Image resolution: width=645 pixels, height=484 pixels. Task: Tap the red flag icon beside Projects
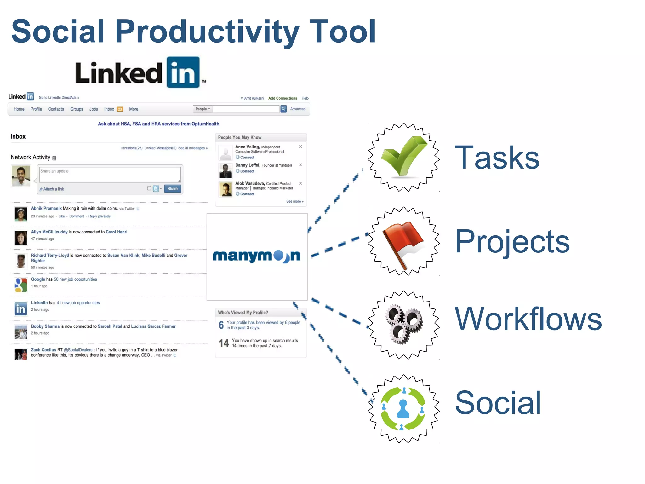pos(403,241)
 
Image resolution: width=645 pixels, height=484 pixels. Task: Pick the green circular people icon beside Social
pos(403,409)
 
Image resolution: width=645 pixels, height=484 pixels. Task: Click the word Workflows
pos(528,319)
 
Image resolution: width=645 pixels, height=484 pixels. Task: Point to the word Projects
pos(512,242)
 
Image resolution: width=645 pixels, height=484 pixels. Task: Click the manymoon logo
pos(256,256)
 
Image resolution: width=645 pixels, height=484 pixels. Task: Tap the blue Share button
pos(172,189)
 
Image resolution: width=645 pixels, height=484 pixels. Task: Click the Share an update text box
pos(110,174)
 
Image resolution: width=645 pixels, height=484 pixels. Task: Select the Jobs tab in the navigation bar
pos(94,109)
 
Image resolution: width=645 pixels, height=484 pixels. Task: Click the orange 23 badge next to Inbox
pos(120,109)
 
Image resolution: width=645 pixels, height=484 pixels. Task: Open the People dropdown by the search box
pos(203,109)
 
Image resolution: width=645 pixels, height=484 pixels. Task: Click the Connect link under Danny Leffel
pos(247,171)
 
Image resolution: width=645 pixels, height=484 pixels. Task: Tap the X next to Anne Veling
pos(300,147)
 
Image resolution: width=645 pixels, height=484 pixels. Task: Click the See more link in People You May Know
pos(294,201)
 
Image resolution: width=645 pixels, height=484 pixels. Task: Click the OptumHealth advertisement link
pos(158,124)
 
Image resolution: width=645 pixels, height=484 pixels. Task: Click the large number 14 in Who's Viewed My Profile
pos(224,343)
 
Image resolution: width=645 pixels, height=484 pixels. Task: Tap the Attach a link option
pos(53,189)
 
